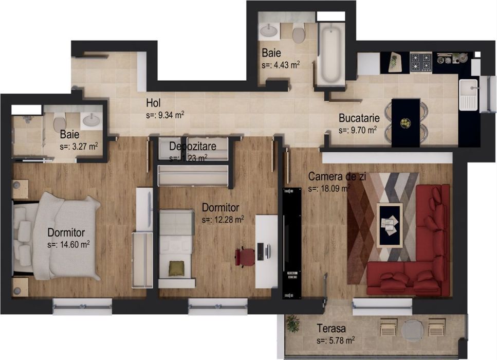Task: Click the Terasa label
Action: point(331,328)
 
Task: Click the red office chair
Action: point(246,256)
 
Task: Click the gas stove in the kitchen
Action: point(420,62)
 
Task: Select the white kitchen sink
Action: point(468,94)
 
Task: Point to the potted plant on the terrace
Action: point(292,323)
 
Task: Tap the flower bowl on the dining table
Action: point(406,123)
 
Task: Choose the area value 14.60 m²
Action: point(68,245)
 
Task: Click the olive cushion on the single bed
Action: point(176,267)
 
